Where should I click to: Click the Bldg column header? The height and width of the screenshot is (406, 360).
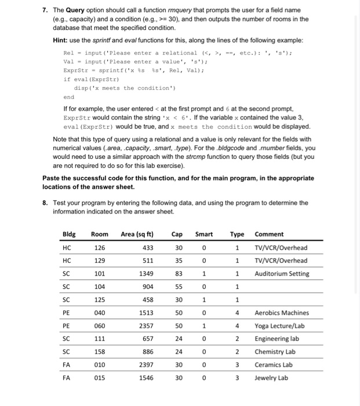(x=69, y=234)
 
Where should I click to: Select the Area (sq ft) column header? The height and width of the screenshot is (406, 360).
(x=137, y=234)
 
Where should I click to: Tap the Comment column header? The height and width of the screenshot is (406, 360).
(x=269, y=234)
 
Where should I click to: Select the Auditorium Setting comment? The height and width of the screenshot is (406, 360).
(x=282, y=274)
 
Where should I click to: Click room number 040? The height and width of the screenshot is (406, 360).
(x=100, y=313)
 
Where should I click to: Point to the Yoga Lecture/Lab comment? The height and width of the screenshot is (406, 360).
(x=279, y=326)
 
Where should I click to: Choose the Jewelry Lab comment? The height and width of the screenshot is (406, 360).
(x=271, y=378)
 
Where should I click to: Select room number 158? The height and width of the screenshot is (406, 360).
(x=100, y=352)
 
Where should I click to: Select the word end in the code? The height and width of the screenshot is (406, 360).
(x=68, y=97)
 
